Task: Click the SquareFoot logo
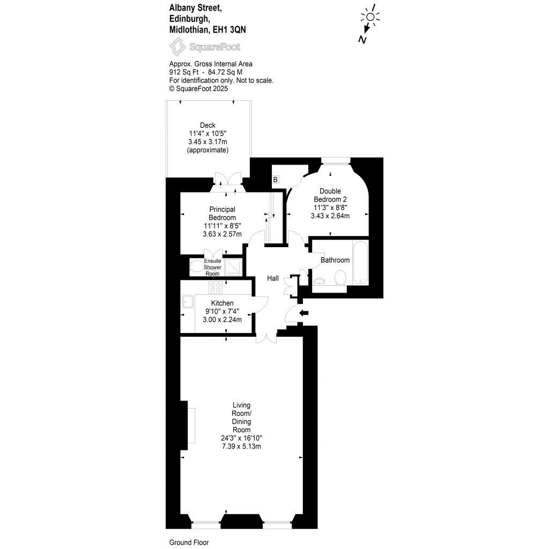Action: pyautogui.click(x=205, y=48)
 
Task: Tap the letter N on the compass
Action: pyautogui.click(x=363, y=40)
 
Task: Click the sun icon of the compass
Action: pyautogui.click(x=370, y=16)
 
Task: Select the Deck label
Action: pyautogui.click(x=207, y=125)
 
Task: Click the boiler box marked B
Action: pyautogui.click(x=275, y=180)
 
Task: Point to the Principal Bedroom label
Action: pyautogui.click(x=222, y=213)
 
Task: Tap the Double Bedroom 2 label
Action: pyautogui.click(x=330, y=195)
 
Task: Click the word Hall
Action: pyautogui.click(x=273, y=278)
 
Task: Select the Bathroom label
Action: pyautogui.click(x=335, y=260)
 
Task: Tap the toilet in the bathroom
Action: pyautogui.click(x=339, y=278)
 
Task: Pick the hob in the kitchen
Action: pyautogui.click(x=216, y=287)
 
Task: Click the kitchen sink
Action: pyautogui.click(x=188, y=301)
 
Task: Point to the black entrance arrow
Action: pyautogui.click(x=304, y=313)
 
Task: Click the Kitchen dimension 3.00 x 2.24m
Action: pyautogui.click(x=222, y=320)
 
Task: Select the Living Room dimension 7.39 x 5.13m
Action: pyautogui.click(x=241, y=446)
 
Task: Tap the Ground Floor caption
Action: pyautogui.click(x=189, y=542)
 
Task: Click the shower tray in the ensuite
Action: pyautogui.click(x=233, y=266)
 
